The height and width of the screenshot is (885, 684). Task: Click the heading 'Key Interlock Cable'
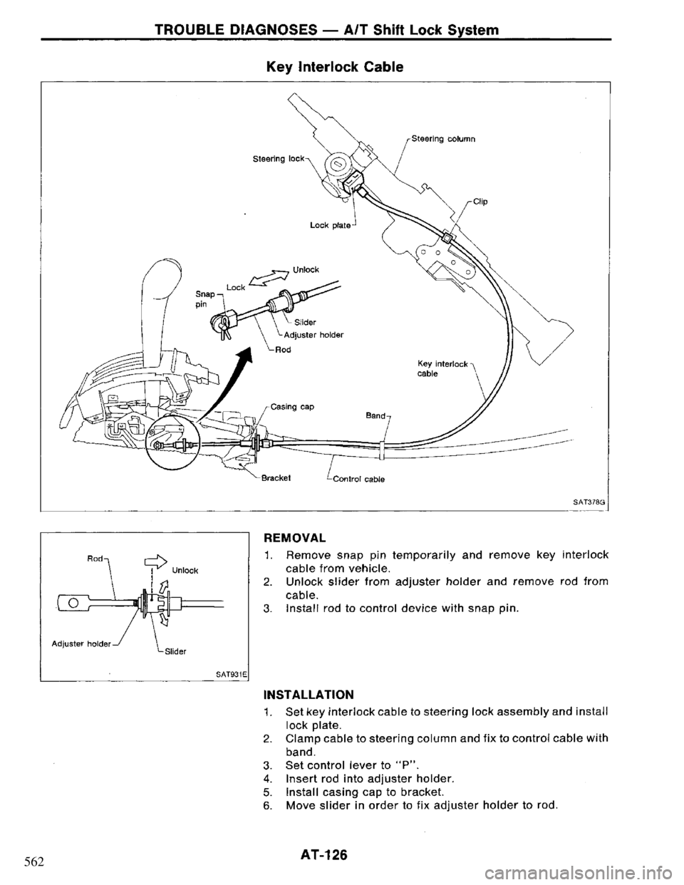click(x=343, y=67)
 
